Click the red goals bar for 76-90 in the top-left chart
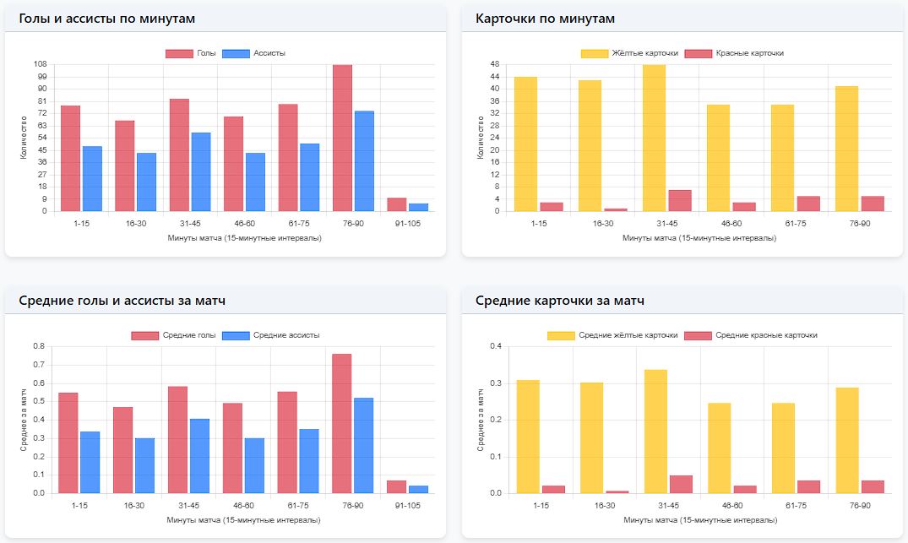click(342, 138)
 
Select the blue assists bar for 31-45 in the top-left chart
click(201, 171)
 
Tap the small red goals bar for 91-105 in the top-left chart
click(396, 204)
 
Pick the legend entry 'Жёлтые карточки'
click(630, 53)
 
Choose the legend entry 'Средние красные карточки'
click(751, 335)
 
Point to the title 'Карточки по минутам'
click(545, 19)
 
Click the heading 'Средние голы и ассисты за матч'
click(122, 301)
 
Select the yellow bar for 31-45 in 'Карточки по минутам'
click(654, 138)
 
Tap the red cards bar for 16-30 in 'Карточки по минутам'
click(616, 209)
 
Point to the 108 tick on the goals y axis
click(40, 64)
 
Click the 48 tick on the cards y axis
click(496, 64)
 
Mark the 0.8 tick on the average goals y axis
click(38, 346)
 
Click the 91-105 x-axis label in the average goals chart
click(407, 505)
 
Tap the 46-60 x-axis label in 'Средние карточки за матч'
click(732, 505)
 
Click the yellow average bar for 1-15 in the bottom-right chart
click(529, 437)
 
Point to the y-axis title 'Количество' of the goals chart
click(24, 138)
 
